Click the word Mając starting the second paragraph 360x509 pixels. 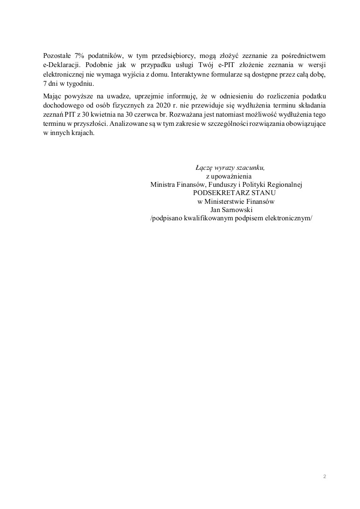click(x=53, y=96)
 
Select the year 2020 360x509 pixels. click(x=159, y=105)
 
